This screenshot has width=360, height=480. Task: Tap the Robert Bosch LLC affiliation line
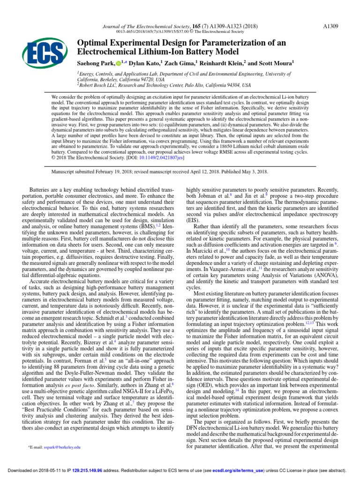pos(164,85)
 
